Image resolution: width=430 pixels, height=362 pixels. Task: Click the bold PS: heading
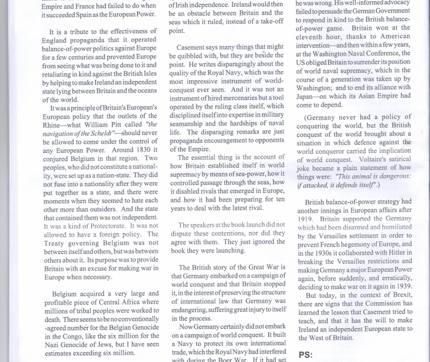click(x=305, y=355)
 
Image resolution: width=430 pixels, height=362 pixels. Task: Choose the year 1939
click(x=400, y=286)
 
